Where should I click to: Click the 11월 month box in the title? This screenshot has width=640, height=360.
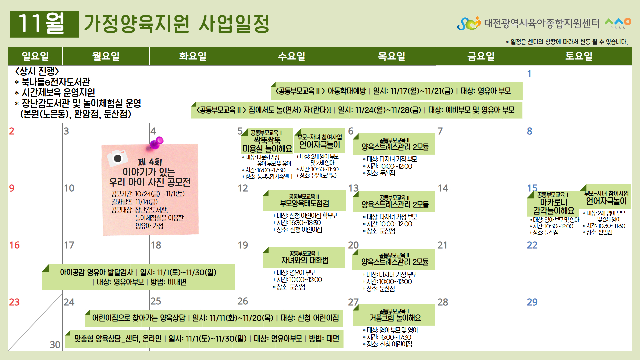click(x=44, y=24)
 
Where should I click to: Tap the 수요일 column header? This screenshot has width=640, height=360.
click(x=291, y=56)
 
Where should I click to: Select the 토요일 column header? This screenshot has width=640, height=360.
click(x=579, y=56)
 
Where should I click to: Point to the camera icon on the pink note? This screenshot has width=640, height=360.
click(x=118, y=158)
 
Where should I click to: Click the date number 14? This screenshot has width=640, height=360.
click(x=443, y=188)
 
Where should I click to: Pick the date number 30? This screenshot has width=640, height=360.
click(x=55, y=345)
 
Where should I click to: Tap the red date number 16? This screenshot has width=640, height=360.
click(x=14, y=245)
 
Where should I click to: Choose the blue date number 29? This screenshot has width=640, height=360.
click(x=532, y=302)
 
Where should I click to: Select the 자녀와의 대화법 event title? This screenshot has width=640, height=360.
click(x=305, y=260)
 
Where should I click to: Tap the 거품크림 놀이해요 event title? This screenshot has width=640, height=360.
click(x=395, y=318)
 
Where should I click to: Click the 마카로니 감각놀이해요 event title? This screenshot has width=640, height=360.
click(x=554, y=207)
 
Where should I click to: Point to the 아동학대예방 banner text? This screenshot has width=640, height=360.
click(x=347, y=91)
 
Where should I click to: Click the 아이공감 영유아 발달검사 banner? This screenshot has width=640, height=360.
click(x=138, y=277)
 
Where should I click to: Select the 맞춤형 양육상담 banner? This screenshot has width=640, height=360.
click(x=204, y=339)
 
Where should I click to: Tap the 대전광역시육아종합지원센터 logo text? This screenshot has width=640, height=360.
click(x=542, y=23)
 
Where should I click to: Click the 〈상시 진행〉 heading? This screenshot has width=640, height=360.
click(x=37, y=71)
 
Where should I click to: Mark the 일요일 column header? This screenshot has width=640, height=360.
click(x=35, y=56)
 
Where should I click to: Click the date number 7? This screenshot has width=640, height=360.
click(x=440, y=131)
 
